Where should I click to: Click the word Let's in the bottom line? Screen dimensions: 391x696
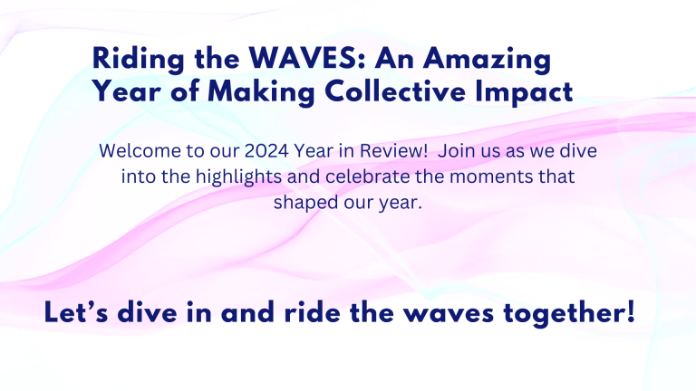click(76, 315)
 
